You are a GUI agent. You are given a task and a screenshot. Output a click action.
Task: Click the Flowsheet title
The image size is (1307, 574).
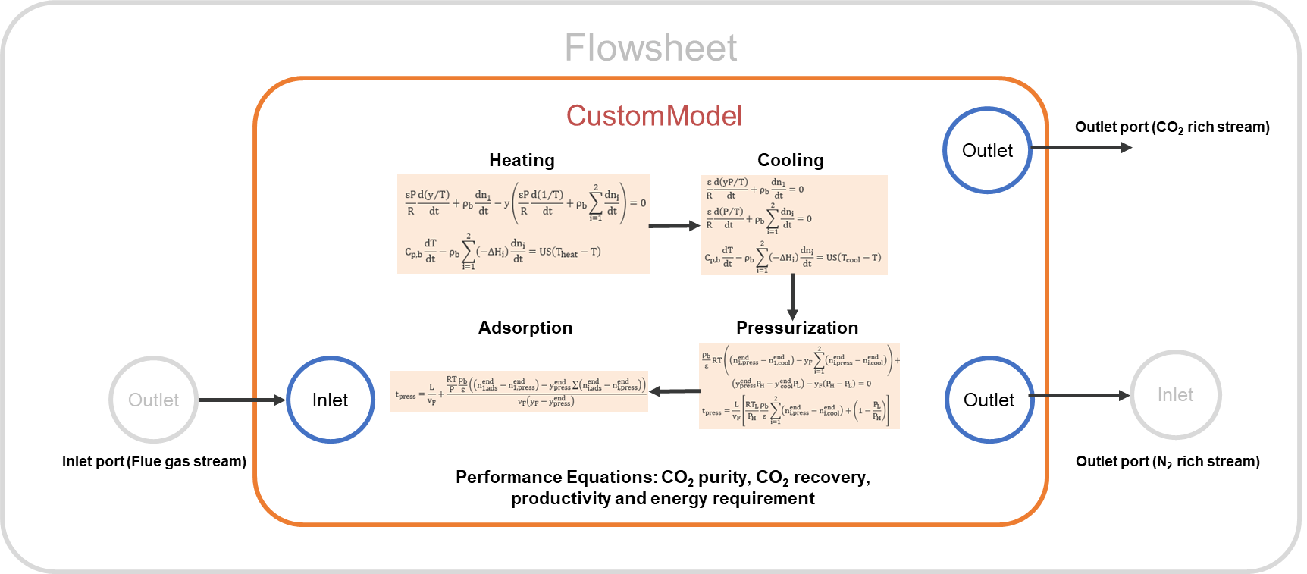650,48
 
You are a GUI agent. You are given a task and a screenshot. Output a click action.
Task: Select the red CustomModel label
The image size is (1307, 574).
653,115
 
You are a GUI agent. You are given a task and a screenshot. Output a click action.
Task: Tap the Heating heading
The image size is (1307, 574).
522,160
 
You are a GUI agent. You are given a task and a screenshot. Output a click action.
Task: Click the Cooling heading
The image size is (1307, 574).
790,160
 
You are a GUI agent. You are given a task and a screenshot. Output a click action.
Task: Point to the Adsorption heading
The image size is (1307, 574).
525,328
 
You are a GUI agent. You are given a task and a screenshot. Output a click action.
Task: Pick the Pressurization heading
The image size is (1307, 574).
797,328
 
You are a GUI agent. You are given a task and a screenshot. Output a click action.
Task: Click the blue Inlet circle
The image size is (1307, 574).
331,400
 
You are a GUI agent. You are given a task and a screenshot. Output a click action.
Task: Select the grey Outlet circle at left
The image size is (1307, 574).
154,400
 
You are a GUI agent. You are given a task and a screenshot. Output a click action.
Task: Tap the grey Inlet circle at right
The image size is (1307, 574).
1175,395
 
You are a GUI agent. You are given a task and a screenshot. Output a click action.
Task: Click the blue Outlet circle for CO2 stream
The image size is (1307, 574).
987,150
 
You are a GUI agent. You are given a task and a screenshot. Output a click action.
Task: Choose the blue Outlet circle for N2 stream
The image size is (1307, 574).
989,400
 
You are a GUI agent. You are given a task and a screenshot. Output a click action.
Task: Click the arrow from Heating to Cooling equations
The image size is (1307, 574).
675,226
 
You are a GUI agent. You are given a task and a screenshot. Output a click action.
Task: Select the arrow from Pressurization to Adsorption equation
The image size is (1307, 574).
675,391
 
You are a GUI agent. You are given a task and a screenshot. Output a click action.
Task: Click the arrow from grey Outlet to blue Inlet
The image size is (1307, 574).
242,400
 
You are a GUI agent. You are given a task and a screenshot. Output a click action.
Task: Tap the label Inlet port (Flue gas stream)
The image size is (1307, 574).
154,461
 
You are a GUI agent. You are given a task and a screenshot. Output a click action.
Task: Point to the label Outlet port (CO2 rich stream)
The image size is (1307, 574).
1172,127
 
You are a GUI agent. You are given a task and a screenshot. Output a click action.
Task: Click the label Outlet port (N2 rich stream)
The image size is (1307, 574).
1168,462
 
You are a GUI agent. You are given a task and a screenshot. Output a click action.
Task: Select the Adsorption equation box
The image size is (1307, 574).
519,391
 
